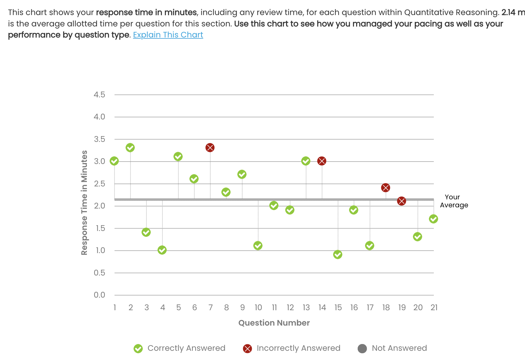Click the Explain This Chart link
168,35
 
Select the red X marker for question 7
210,148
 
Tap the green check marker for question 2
130,148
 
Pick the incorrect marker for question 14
322,161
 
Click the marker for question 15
338,255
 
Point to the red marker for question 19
402,201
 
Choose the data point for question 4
162,250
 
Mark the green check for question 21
434,219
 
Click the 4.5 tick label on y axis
99,95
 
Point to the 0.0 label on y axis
99,295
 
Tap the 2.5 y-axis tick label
99,184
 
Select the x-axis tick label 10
258,307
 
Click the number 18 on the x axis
386,307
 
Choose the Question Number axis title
274,323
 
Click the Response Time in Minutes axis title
84,203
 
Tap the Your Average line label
454,201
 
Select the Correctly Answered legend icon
138,349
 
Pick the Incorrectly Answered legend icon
247,349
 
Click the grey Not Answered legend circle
362,349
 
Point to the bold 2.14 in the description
508,13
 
